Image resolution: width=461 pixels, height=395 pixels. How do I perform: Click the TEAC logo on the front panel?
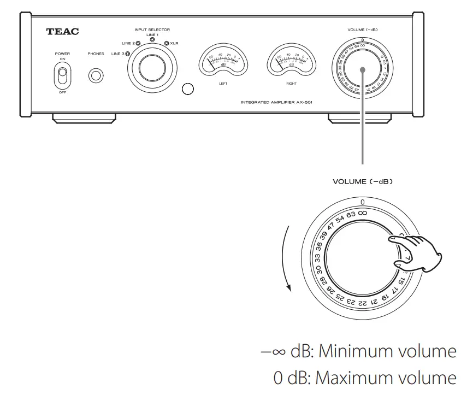(63, 32)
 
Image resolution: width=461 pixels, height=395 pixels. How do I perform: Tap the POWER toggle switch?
(63, 75)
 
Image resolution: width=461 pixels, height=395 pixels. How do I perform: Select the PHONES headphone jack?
(96, 75)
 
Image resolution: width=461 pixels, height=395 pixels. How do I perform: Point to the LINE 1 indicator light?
(152, 40)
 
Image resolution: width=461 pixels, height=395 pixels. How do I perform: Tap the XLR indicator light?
(166, 43)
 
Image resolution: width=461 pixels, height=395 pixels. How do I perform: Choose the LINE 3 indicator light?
(127, 54)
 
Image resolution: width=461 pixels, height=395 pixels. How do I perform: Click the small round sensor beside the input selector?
(187, 89)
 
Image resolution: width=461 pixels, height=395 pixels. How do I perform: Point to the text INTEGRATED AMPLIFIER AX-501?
(276, 102)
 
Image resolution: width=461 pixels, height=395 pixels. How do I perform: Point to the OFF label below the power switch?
(63, 93)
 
